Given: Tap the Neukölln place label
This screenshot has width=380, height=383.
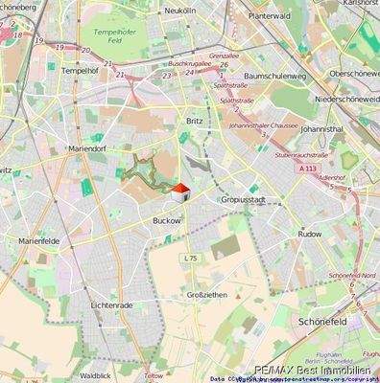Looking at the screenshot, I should pos(181,11).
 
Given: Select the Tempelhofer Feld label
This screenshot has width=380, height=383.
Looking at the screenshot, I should pos(116,36).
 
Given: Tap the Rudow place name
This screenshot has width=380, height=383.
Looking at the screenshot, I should pos(309,233).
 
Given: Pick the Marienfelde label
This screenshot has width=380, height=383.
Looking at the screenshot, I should pos(39,242).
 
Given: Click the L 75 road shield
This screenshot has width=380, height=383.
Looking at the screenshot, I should pos(190,259).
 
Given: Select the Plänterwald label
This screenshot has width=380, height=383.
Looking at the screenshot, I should pos(270,16).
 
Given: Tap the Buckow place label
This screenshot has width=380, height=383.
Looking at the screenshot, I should pos(166,220).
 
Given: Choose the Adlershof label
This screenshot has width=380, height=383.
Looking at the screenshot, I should pos(333,177).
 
